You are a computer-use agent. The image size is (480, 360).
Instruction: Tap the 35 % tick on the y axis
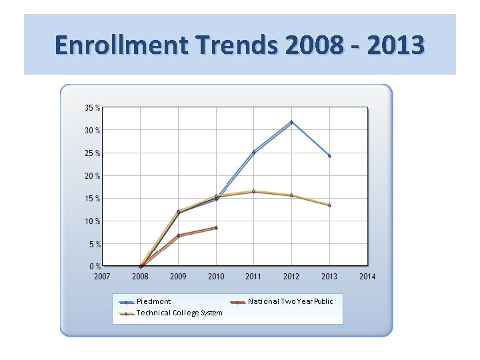[x=93, y=107]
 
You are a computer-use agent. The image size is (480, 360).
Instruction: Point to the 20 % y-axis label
[x=93, y=176]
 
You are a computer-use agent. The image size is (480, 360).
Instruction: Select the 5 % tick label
[x=95, y=245]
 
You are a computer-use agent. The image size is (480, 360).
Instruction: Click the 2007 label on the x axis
[x=102, y=276]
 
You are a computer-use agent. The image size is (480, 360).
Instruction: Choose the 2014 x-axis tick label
[x=367, y=276]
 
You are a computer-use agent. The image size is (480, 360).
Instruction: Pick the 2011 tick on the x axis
[x=253, y=276]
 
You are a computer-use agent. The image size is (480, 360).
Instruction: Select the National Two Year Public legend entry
[x=290, y=302]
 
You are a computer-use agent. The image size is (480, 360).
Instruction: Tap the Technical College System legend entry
[x=179, y=313]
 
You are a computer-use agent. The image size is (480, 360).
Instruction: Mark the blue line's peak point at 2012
[x=291, y=122]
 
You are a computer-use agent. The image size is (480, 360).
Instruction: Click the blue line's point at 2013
[x=329, y=155]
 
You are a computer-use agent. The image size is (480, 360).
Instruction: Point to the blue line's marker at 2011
[x=253, y=152]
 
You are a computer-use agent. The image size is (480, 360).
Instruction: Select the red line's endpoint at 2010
[x=216, y=227]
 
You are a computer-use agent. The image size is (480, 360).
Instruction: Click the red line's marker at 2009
[x=178, y=235]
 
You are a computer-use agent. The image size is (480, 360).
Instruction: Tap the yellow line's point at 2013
[x=329, y=205]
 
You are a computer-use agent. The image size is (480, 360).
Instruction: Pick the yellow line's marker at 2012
[x=291, y=195]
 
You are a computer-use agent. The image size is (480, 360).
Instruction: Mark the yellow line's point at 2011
[x=253, y=191]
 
